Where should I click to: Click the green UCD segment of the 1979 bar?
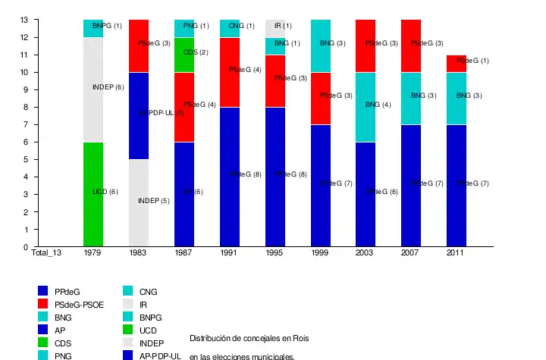click(93, 195)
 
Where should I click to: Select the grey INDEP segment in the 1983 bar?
click(139, 203)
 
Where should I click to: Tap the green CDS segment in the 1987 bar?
click(184, 55)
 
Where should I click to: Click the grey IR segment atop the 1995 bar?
click(276, 28)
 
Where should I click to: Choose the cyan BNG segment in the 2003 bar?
click(367, 107)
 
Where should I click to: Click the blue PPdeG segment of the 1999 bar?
click(321, 186)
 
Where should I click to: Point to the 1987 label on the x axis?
click(184, 253)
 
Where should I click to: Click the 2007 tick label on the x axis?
click(410, 253)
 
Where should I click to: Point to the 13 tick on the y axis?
click(24, 20)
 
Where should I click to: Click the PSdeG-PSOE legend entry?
click(79, 305)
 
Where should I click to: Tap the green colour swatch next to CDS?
click(44, 343)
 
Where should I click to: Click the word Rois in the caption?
click(300, 337)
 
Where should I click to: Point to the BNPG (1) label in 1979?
click(107, 26)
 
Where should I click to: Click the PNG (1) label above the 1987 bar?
click(196, 26)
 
